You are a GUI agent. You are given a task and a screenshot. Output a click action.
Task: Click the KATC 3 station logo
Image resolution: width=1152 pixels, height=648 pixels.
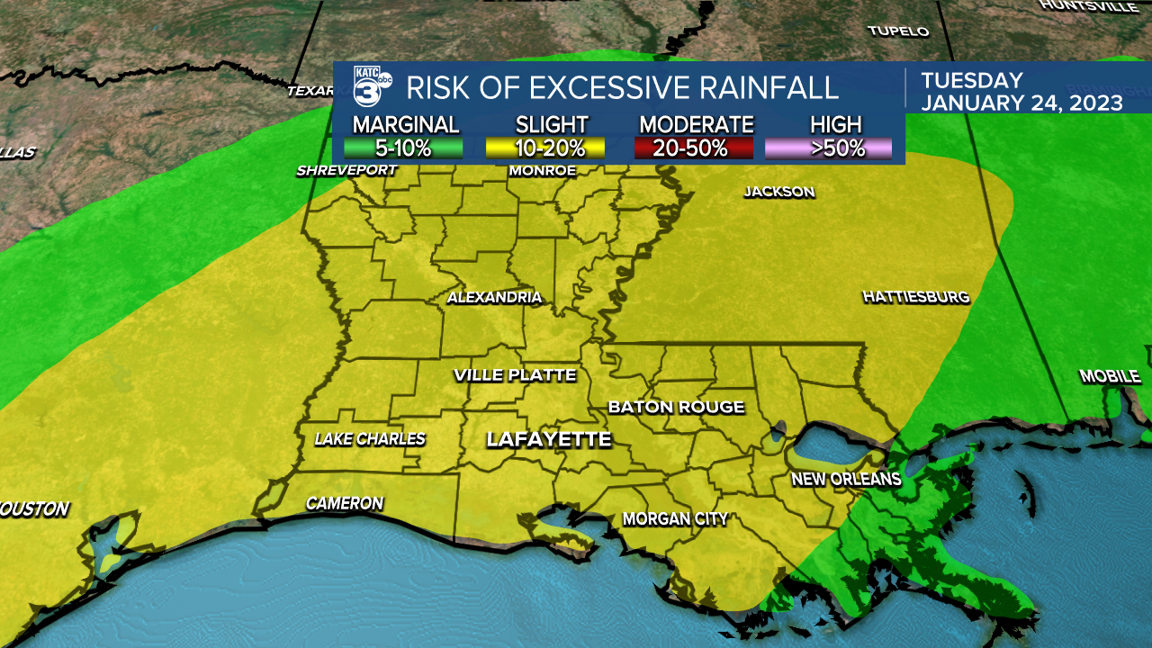[x=370, y=87]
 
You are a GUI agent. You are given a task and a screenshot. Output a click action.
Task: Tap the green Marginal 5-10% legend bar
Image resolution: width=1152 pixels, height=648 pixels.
[x=403, y=148]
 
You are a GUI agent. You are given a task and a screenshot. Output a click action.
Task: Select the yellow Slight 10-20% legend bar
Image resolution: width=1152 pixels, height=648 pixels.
[x=545, y=148]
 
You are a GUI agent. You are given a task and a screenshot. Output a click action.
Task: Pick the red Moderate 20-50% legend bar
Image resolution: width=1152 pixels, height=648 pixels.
[x=694, y=148]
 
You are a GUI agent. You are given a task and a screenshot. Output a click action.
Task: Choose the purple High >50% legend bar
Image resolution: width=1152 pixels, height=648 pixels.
[x=828, y=148]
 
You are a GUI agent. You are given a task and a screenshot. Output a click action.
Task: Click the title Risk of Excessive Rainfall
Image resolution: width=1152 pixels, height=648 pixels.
[x=622, y=87]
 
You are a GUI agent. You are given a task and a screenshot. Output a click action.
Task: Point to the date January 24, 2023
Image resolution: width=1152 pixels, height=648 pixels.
[x=1021, y=103]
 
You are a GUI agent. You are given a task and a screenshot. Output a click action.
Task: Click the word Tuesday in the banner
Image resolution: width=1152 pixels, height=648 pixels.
[x=972, y=80]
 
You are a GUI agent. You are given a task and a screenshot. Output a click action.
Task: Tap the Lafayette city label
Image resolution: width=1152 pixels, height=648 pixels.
[x=549, y=439]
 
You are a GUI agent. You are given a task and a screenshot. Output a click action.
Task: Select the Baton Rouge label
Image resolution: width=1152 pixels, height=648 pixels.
[x=676, y=407]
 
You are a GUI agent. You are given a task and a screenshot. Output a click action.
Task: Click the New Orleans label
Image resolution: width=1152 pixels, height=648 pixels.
[x=846, y=479]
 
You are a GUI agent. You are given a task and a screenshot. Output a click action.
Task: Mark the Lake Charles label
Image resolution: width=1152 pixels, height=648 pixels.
[x=370, y=439]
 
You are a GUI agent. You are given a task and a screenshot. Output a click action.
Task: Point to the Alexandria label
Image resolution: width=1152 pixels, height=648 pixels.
[x=495, y=297]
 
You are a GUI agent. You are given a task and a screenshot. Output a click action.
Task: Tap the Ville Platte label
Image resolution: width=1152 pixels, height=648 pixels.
[x=515, y=375]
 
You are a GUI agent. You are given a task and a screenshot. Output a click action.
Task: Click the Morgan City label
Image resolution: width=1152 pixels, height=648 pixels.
[x=675, y=518]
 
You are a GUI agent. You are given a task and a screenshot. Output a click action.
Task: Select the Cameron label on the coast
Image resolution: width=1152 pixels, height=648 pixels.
[x=345, y=503]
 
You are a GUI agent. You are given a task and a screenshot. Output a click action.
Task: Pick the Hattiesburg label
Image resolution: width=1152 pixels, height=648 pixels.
[x=915, y=296]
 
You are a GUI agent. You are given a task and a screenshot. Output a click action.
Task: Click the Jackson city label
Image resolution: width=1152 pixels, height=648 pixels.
[x=778, y=192]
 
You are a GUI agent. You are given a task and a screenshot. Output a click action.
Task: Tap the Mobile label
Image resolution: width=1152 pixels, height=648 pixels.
[x=1110, y=376]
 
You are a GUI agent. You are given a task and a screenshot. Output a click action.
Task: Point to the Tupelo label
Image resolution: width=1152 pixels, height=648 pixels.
[x=897, y=31]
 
